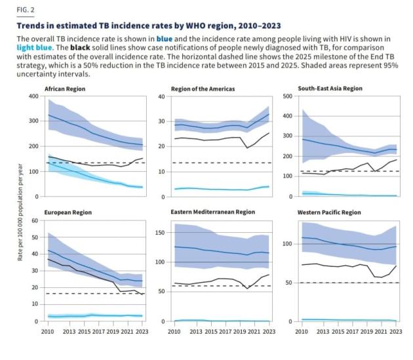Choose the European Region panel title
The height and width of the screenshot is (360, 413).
(x=68, y=212)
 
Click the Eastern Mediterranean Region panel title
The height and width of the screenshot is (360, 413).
(x=212, y=212)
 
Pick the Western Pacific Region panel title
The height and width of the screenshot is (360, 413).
(x=329, y=212)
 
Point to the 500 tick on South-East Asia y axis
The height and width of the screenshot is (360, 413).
(x=286, y=96)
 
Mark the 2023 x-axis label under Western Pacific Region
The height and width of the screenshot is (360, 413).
(x=395, y=332)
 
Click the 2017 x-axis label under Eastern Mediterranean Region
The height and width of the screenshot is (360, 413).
(x=222, y=332)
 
